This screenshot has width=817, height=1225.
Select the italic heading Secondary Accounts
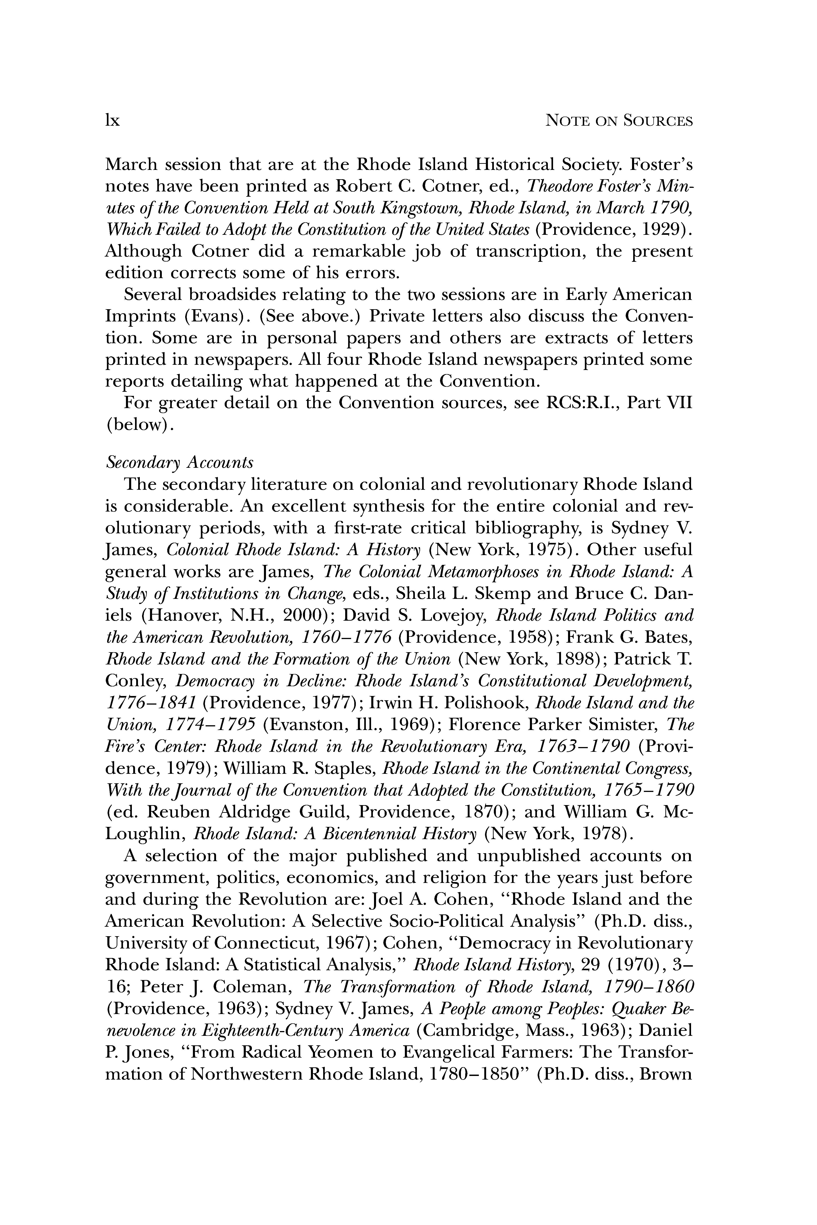179,462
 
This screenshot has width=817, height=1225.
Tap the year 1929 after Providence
657,230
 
